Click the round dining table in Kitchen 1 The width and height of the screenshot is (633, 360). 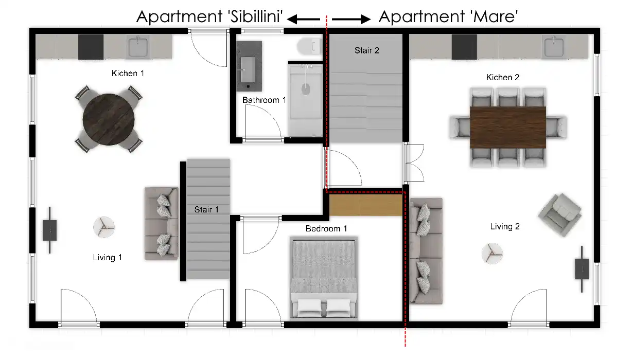[x=109, y=119]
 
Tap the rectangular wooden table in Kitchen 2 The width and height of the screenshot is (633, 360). [x=508, y=127]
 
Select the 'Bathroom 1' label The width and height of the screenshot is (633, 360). [x=264, y=100]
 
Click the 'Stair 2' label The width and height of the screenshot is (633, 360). [x=367, y=50]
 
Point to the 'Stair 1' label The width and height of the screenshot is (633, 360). [x=206, y=209]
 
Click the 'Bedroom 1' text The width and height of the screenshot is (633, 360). [x=326, y=228]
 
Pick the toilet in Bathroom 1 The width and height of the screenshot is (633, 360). [x=309, y=46]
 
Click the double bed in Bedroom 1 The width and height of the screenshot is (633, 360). [x=324, y=278]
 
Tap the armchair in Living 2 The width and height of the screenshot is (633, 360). [x=559, y=215]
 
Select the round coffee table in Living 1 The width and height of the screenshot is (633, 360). [x=104, y=227]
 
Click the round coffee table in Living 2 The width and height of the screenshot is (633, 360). [x=492, y=253]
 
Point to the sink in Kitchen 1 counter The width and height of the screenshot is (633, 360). [x=138, y=47]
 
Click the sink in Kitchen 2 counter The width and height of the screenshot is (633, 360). [x=554, y=47]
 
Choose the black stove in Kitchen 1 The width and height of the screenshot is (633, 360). [x=91, y=47]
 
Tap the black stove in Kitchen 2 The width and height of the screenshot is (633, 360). [x=464, y=47]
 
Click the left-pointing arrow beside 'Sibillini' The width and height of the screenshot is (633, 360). [x=303, y=19]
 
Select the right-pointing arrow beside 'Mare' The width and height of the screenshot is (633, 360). [x=351, y=19]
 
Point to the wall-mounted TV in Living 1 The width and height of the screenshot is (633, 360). [x=50, y=230]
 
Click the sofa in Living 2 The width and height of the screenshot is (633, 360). [x=426, y=251]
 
